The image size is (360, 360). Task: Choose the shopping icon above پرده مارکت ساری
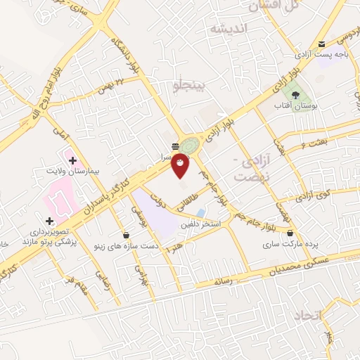point(290,233)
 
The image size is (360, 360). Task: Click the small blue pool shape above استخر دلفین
point(202,212)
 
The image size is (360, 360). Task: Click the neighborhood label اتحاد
point(329,316)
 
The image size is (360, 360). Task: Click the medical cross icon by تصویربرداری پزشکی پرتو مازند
point(49,221)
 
